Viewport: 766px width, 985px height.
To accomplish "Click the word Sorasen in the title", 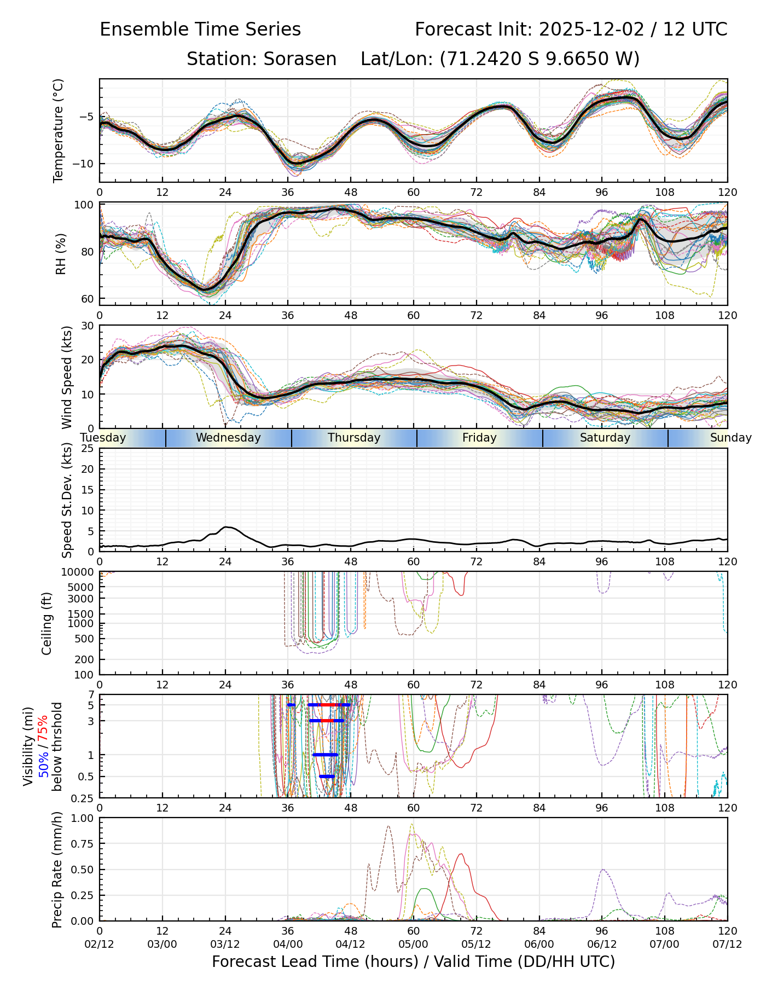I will click(300, 59).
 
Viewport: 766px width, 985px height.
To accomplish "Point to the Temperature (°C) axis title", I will click(59, 130).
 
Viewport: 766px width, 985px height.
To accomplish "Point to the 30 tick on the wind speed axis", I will click(88, 326).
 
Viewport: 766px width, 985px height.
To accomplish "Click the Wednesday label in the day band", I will click(228, 438).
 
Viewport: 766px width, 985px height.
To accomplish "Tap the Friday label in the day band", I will click(479, 438).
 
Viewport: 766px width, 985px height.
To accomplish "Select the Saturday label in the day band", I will click(605, 438).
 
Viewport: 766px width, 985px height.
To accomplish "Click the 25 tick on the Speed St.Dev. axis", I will click(88, 449).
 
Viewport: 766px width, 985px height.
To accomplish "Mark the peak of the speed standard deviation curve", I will click(227, 527).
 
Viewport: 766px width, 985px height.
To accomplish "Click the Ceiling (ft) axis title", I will click(47, 623).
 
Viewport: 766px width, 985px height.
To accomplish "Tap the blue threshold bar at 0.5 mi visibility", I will click(327, 777).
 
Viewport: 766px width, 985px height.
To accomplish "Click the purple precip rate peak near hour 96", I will click(602, 870).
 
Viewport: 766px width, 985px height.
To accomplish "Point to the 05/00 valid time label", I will click(414, 945).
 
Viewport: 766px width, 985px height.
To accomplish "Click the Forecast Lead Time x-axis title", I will click(413, 961).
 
